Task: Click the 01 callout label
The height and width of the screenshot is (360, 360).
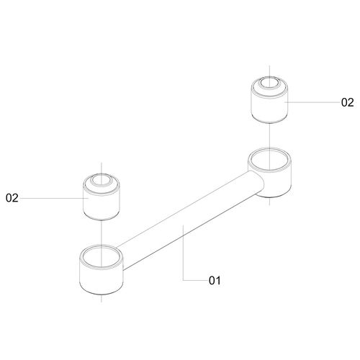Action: click(x=215, y=280)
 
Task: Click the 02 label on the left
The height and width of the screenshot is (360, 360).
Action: click(x=12, y=198)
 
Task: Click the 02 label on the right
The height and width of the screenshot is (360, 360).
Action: click(x=347, y=102)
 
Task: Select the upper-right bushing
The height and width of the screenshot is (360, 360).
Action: click(x=269, y=100)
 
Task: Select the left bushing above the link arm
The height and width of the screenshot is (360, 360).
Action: click(x=102, y=197)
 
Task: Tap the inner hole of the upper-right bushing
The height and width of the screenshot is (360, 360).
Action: click(x=269, y=83)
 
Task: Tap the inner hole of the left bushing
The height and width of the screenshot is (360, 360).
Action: click(x=102, y=180)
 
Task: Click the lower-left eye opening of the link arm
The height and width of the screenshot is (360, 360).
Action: click(x=102, y=257)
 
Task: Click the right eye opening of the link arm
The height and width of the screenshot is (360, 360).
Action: click(x=269, y=161)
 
